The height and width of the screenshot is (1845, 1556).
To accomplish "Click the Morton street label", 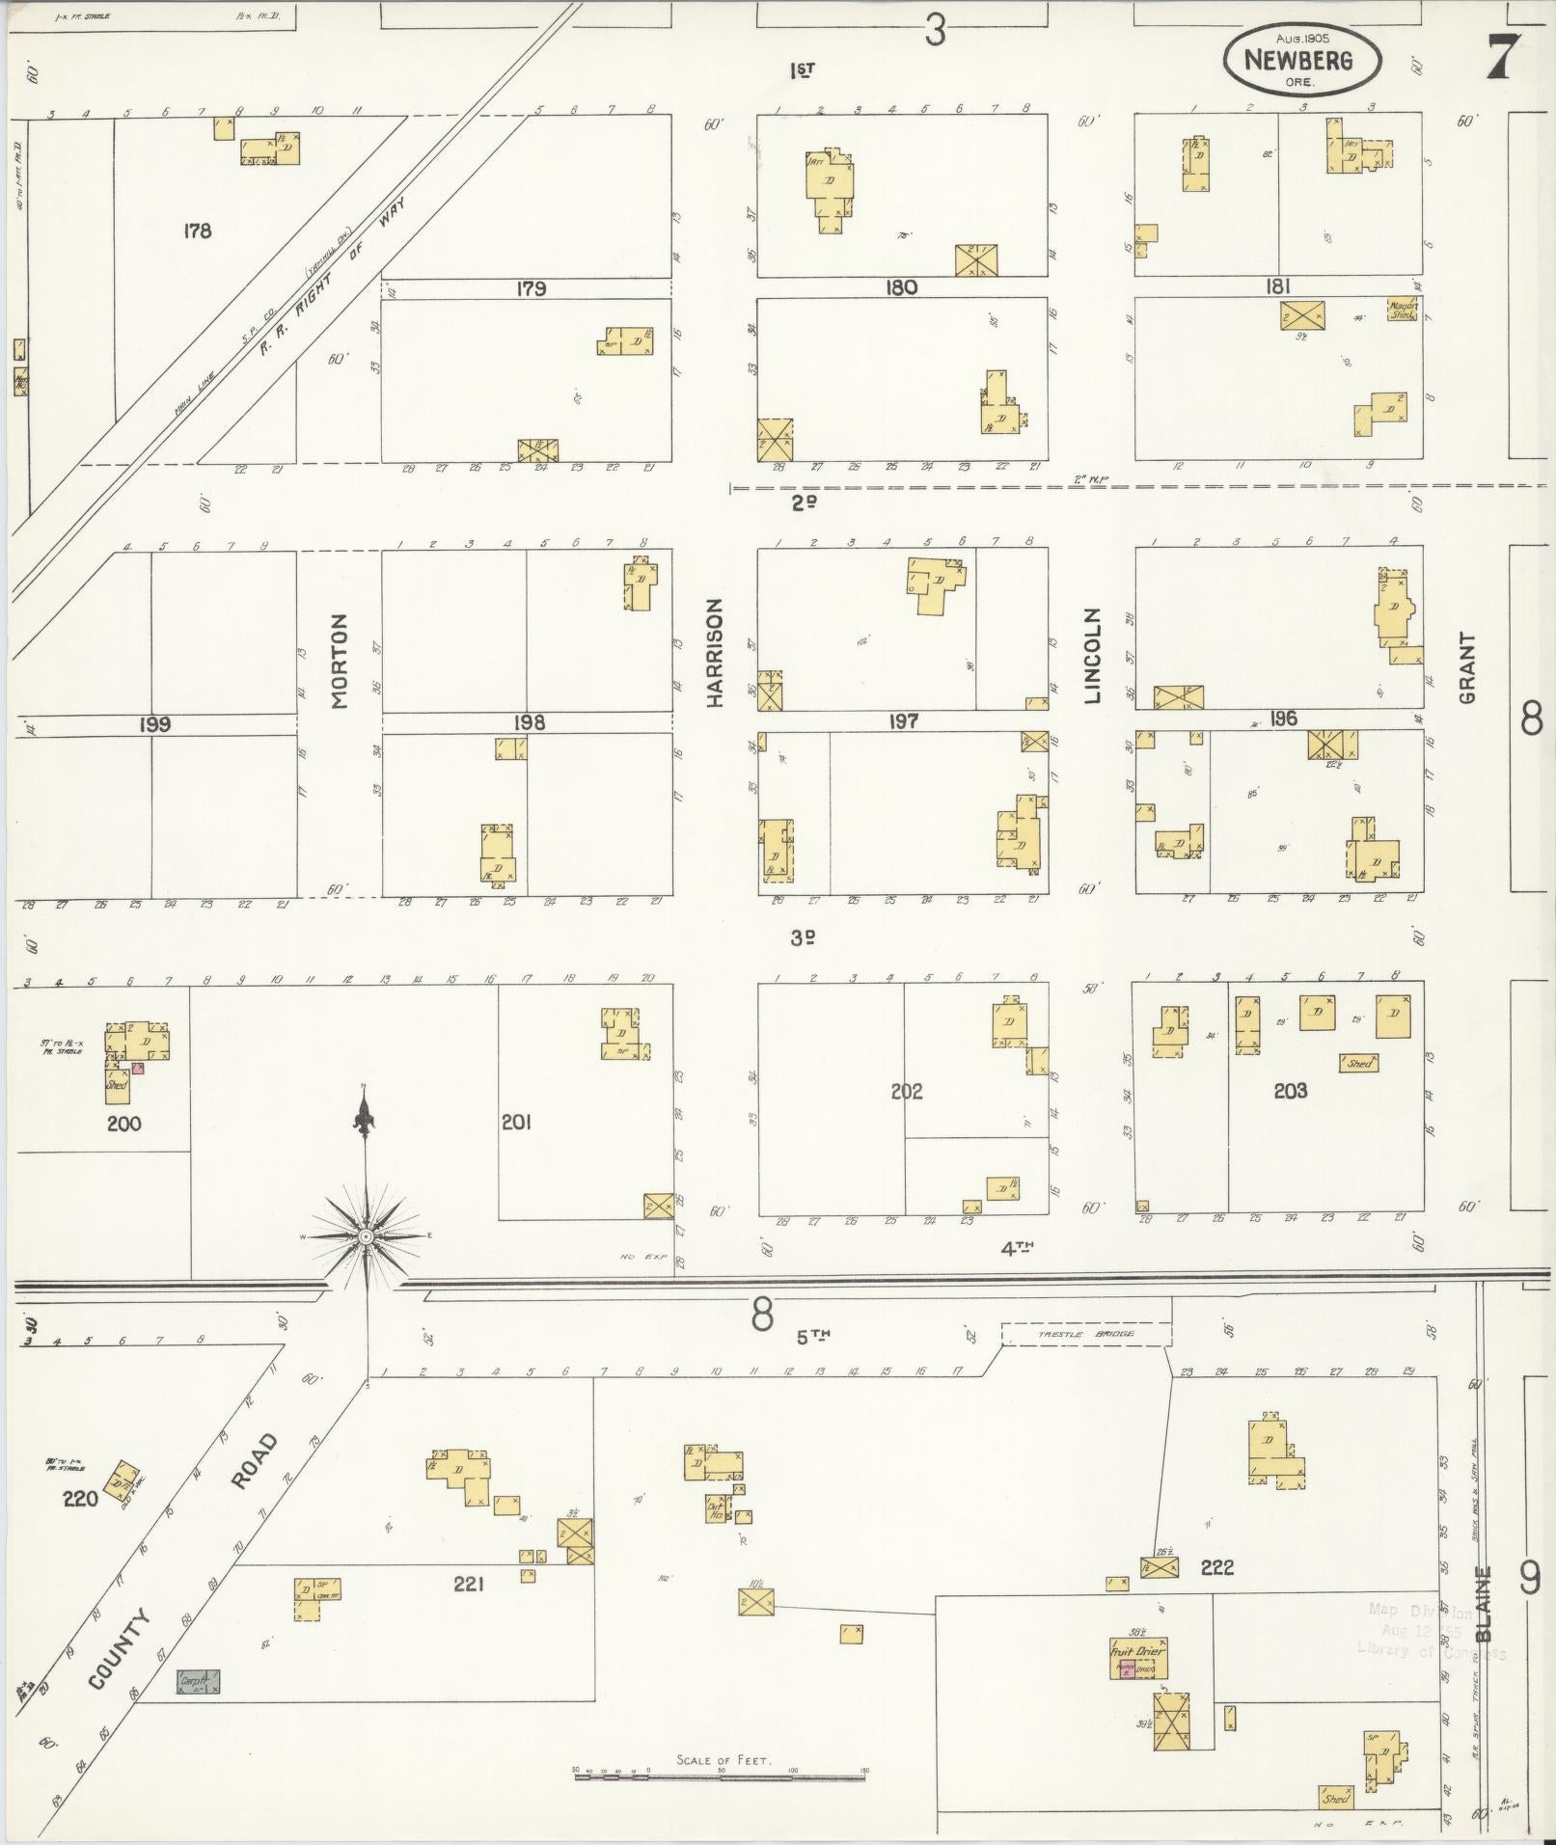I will click(x=339, y=661).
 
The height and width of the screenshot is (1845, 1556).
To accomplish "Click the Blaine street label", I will click(x=1484, y=1603).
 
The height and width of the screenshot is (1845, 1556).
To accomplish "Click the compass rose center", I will click(x=366, y=1236).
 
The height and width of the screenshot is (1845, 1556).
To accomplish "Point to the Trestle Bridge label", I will click(x=1085, y=1334).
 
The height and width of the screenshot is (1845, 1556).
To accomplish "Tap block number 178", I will click(x=197, y=231).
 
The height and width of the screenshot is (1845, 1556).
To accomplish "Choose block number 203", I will click(x=1290, y=1091).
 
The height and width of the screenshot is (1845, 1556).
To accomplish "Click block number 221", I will click(x=468, y=1583).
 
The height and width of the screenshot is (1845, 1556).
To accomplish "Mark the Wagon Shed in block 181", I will click(x=1402, y=309).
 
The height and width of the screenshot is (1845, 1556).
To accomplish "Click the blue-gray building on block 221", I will click(x=199, y=1681).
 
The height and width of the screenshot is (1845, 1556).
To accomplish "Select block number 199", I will click(x=154, y=723).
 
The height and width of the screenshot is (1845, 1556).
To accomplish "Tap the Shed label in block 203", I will click(x=1358, y=1063).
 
